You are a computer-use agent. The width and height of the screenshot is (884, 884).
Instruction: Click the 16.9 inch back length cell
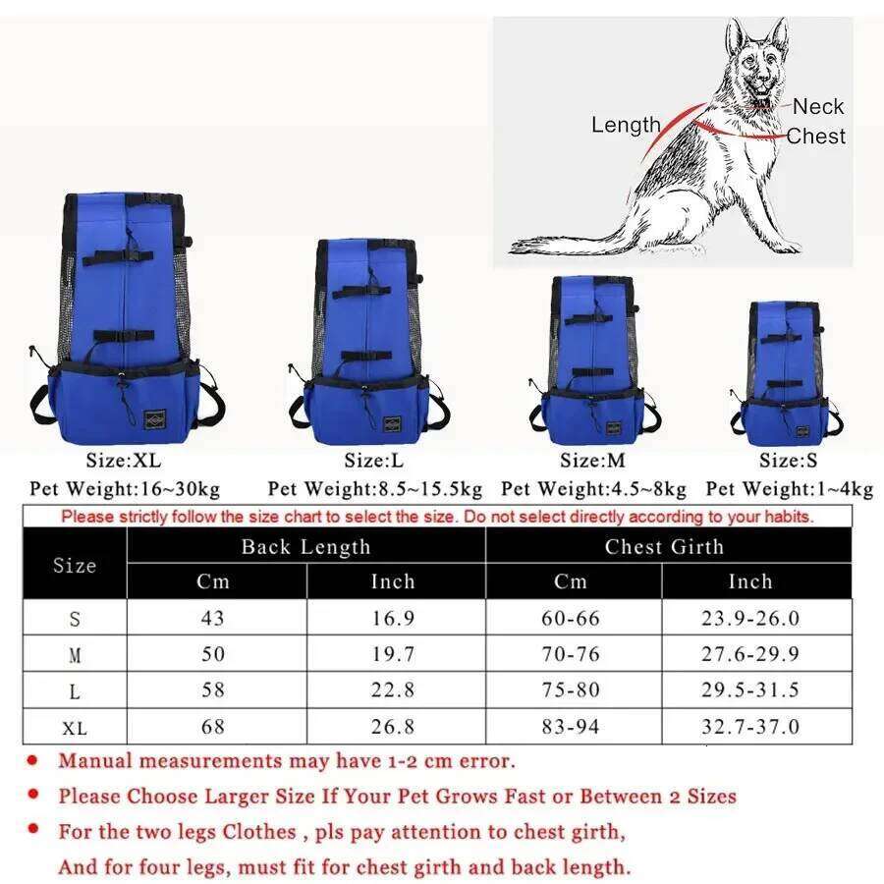click(x=393, y=618)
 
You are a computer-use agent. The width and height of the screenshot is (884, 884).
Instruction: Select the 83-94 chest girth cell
click(x=571, y=727)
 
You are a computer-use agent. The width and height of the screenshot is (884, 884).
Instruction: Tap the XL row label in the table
click(x=75, y=728)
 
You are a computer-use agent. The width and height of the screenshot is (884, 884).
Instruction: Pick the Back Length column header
click(x=305, y=547)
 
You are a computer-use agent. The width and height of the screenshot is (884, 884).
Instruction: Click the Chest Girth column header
click(x=664, y=547)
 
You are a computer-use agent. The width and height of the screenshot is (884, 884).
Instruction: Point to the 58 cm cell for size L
click(x=213, y=691)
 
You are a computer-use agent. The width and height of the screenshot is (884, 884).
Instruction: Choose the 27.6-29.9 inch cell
click(x=749, y=654)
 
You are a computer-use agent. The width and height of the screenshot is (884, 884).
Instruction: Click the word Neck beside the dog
click(x=817, y=106)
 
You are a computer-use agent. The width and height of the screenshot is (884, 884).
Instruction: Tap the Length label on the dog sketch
click(x=626, y=125)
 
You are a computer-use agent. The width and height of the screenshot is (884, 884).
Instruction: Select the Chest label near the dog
click(x=815, y=137)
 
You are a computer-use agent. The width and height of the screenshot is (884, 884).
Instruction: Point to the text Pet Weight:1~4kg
click(x=790, y=488)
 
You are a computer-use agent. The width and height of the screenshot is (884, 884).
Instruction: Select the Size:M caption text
click(x=592, y=460)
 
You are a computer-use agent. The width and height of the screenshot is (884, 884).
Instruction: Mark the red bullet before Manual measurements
click(x=33, y=760)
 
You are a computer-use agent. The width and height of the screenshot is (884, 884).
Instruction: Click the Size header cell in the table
click(x=75, y=565)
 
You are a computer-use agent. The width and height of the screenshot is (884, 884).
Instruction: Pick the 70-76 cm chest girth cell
click(x=571, y=654)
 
